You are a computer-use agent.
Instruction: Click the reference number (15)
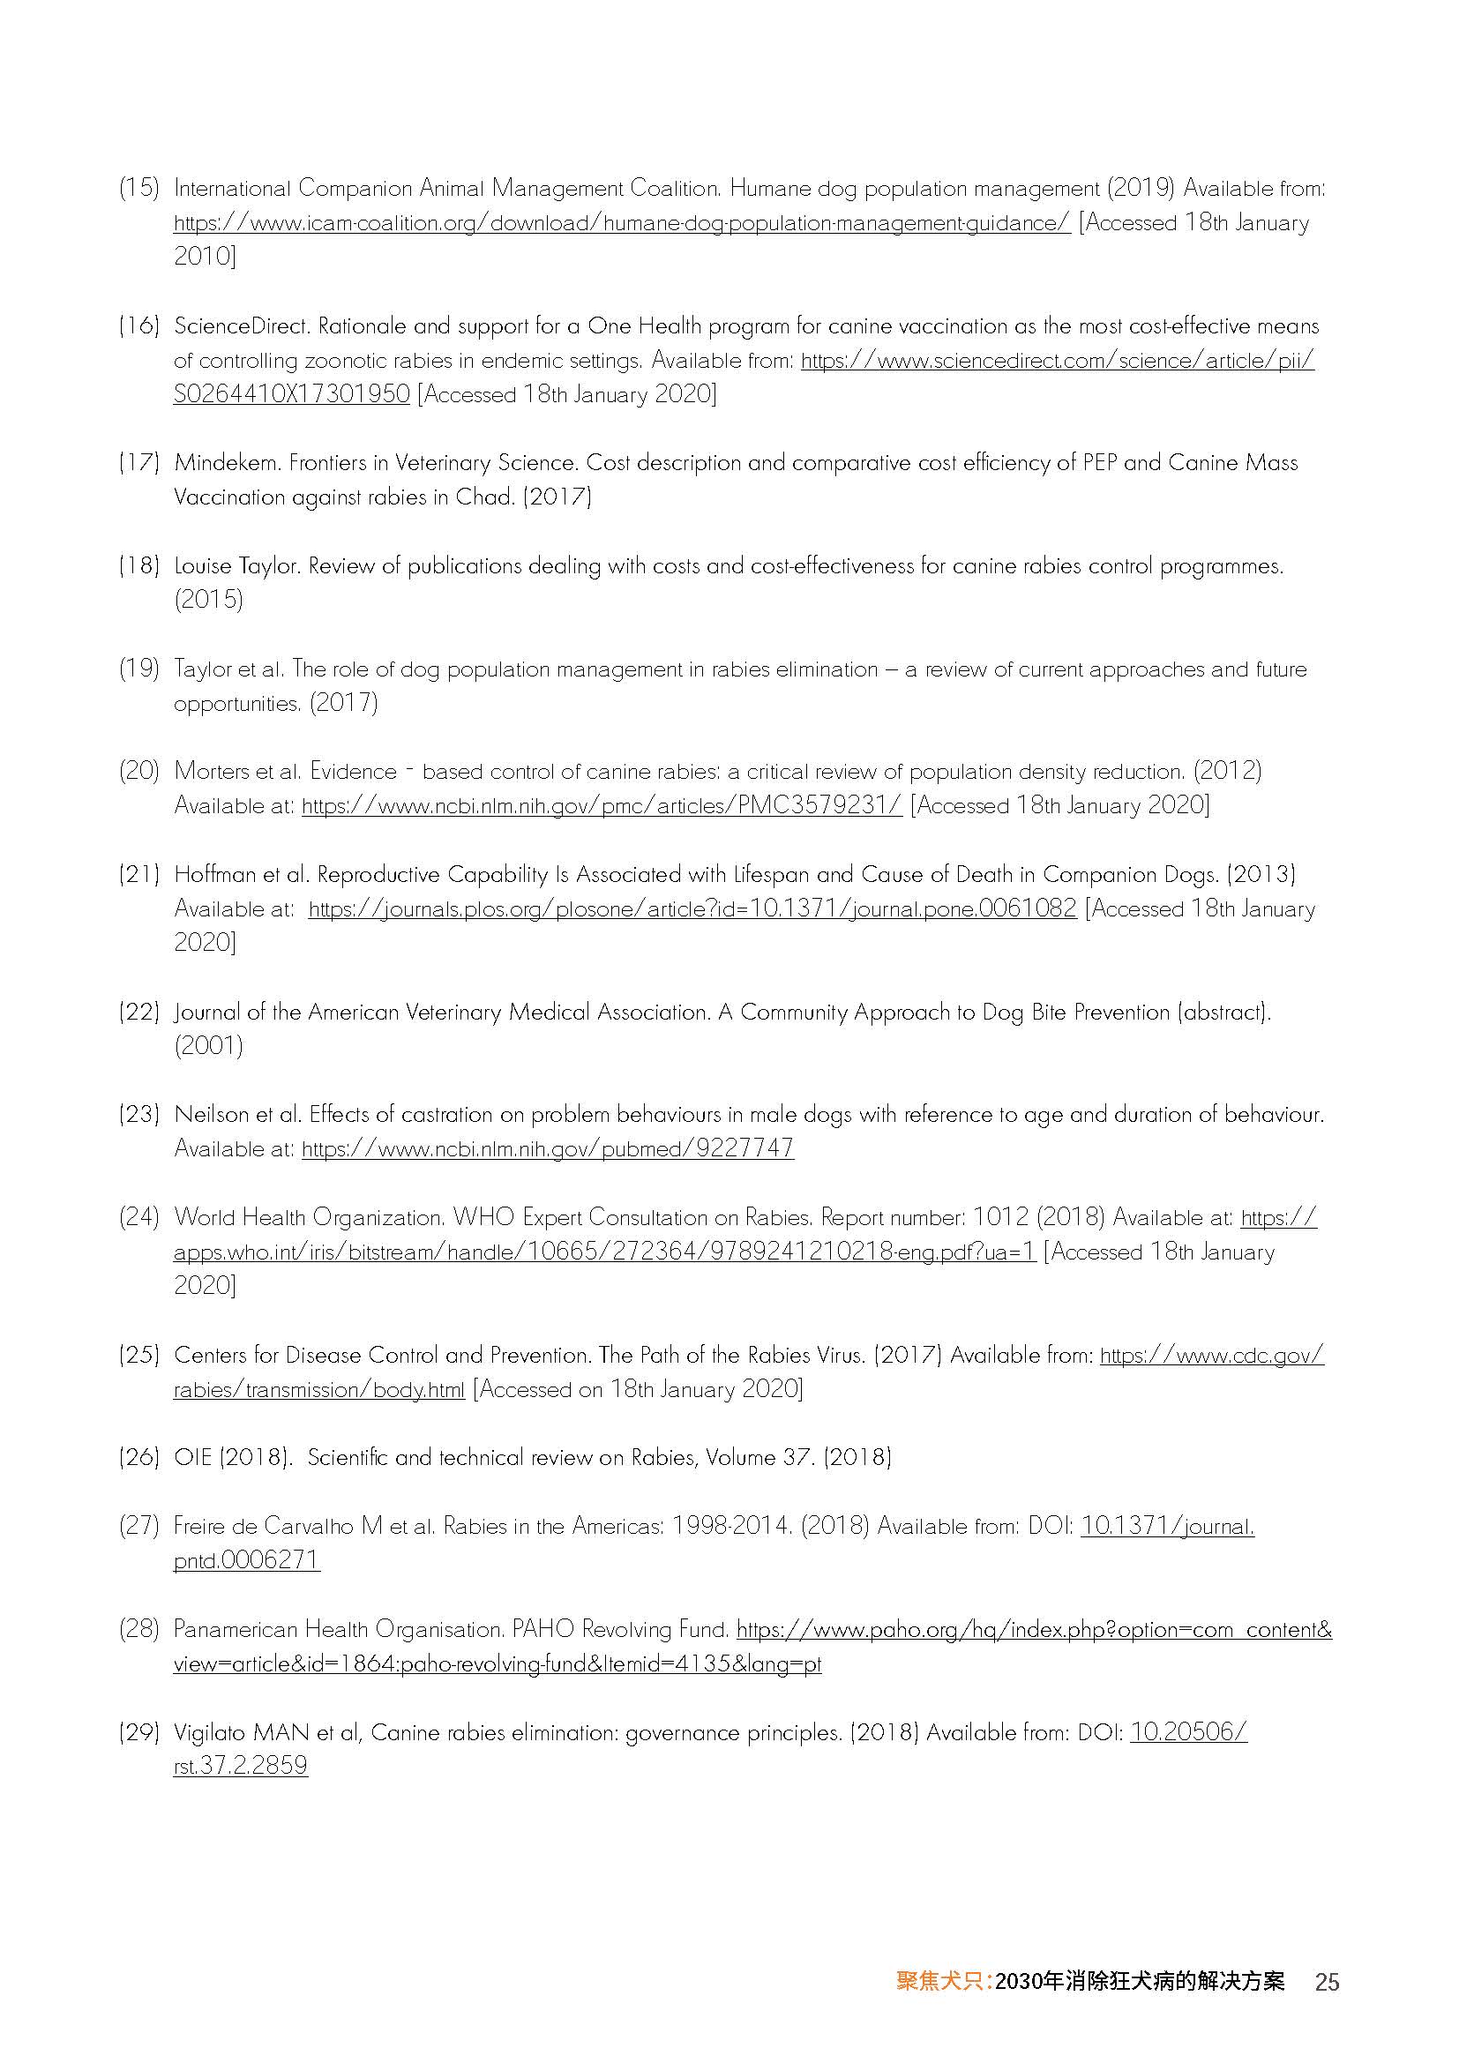point(138,189)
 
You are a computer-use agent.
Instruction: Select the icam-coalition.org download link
point(621,223)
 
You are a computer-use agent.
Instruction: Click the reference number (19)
point(138,669)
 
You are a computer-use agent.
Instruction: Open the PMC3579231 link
point(601,806)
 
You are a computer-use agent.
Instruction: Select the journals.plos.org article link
point(692,909)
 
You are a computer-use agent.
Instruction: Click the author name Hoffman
point(213,875)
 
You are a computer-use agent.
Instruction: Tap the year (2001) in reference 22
point(208,1046)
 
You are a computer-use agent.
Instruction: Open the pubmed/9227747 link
point(547,1149)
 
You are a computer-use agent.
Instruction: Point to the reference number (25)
point(138,1356)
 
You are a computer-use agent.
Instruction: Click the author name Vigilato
point(212,1732)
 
